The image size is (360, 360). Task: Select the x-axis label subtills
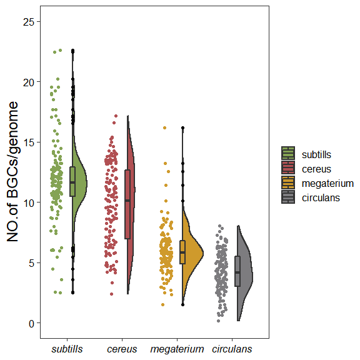coord(67,349)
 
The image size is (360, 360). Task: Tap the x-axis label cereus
coord(122,349)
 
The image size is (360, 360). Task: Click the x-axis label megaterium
coord(177,349)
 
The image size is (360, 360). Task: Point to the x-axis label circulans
coord(232,349)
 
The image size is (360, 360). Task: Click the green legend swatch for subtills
coord(288,154)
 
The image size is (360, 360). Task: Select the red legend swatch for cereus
coord(288,168)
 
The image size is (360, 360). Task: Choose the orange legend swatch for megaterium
coord(288,183)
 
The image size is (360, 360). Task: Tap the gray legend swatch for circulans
coord(288,197)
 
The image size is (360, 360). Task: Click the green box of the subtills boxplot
coord(72,181)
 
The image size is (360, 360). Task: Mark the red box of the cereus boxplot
coord(127,204)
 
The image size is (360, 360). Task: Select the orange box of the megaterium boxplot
coord(182,251)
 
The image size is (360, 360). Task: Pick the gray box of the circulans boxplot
coord(237,271)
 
